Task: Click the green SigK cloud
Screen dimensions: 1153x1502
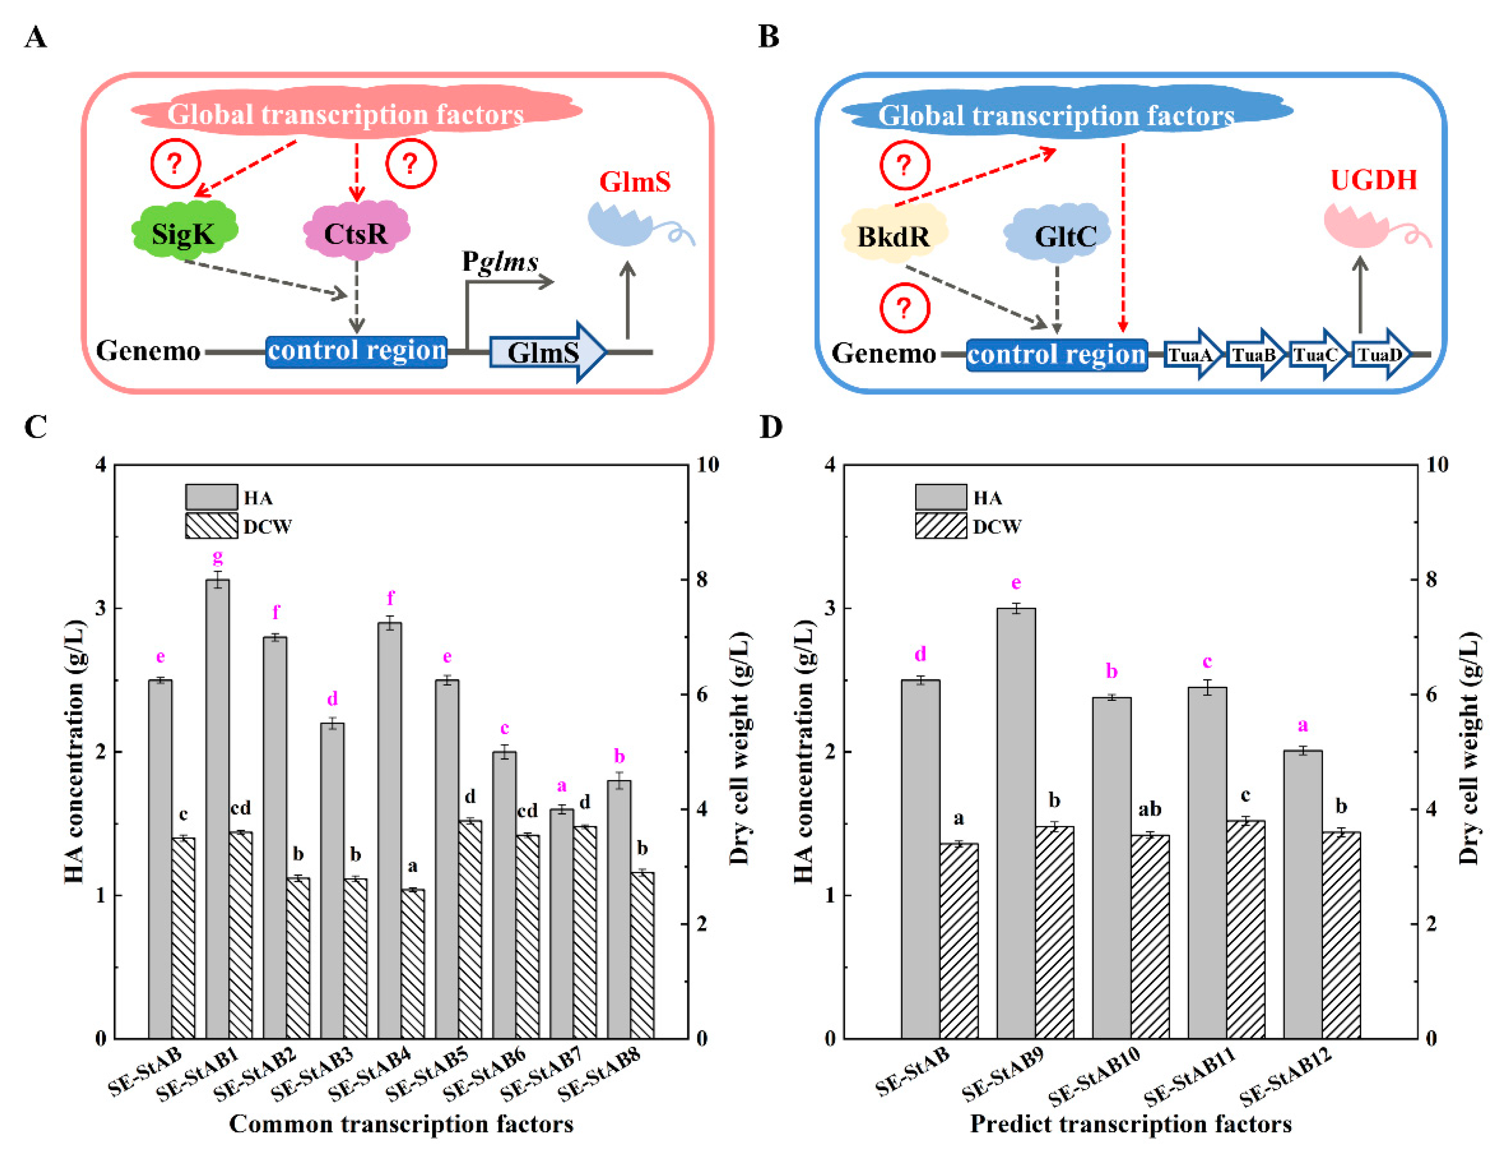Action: [x=184, y=232]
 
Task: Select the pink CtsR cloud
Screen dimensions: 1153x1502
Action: [x=355, y=232]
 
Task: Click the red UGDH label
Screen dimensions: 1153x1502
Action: [x=1373, y=180]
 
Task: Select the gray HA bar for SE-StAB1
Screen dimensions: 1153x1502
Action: [x=217, y=810]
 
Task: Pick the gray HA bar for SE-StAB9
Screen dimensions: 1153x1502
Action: [x=1016, y=823]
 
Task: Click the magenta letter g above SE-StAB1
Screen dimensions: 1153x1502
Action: [x=217, y=556]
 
